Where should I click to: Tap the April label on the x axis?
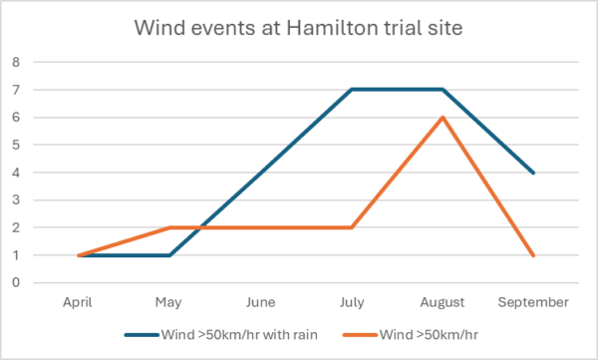tap(78, 301)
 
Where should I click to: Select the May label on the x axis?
tap(169, 301)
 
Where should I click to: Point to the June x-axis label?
tap(260, 301)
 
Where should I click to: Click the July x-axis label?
tap(351, 301)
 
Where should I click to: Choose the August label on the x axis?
tap(442, 301)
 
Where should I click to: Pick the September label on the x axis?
tap(533, 301)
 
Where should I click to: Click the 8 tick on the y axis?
tap(16, 62)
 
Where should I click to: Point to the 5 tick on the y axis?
tap(16, 145)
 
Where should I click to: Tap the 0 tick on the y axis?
tap(16, 283)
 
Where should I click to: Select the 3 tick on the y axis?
tap(16, 200)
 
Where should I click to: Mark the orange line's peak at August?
tap(442, 118)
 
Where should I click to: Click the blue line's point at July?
tap(351, 90)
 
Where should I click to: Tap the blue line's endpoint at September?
tap(533, 173)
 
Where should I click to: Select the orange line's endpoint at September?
tap(533, 255)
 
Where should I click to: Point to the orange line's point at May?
tap(169, 227)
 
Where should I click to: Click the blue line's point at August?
tap(442, 90)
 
